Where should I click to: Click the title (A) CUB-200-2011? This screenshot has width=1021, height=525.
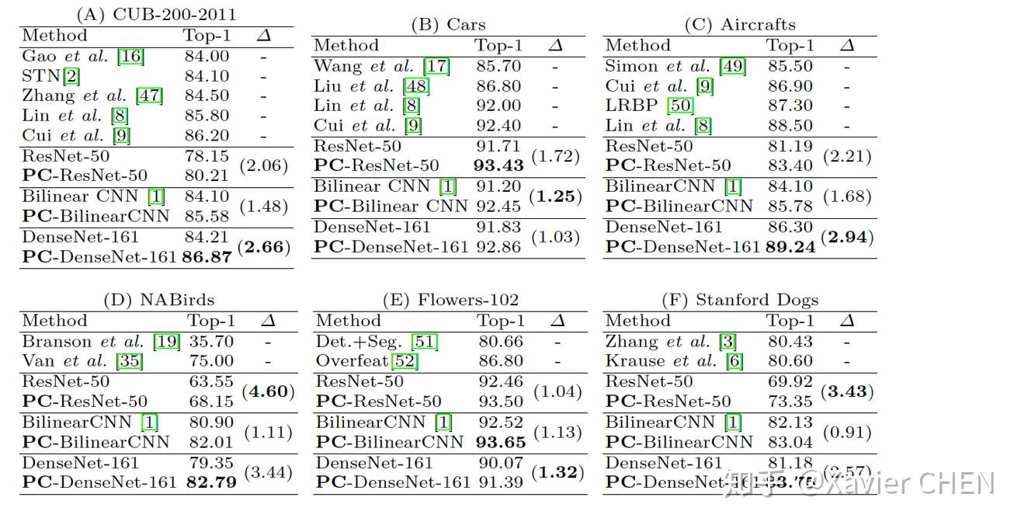pyautogui.click(x=156, y=15)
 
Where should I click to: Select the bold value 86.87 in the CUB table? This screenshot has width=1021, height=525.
pyautogui.click(x=207, y=257)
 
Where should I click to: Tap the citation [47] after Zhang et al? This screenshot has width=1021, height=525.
pyautogui.click(x=148, y=96)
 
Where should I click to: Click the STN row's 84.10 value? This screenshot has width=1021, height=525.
pyautogui.click(x=207, y=76)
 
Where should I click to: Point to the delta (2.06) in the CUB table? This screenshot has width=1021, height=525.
pyautogui.click(x=263, y=165)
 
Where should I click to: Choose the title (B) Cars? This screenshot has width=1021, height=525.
pyautogui.click(x=448, y=25)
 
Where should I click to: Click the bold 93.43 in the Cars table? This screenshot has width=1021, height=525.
pyautogui.click(x=498, y=166)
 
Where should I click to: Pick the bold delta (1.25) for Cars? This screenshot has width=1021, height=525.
pyautogui.click(x=555, y=196)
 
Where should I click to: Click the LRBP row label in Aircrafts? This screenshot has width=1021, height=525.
pyautogui.click(x=649, y=106)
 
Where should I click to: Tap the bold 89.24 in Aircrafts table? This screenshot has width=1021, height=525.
pyautogui.click(x=790, y=247)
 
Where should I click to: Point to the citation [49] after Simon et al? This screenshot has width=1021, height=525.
pyautogui.click(x=732, y=66)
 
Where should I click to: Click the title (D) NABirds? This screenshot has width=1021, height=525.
pyautogui.click(x=158, y=300)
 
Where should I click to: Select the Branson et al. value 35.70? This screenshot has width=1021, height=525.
pyautogui.click(x=210, y=341)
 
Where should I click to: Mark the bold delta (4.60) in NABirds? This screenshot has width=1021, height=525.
pyautogui.click(x=269, y=391)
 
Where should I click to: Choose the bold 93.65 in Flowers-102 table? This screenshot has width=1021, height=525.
pyautogui.click(x=500, y=442)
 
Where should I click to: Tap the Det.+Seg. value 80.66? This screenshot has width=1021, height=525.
pyautogui.click(x=501, y=341)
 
